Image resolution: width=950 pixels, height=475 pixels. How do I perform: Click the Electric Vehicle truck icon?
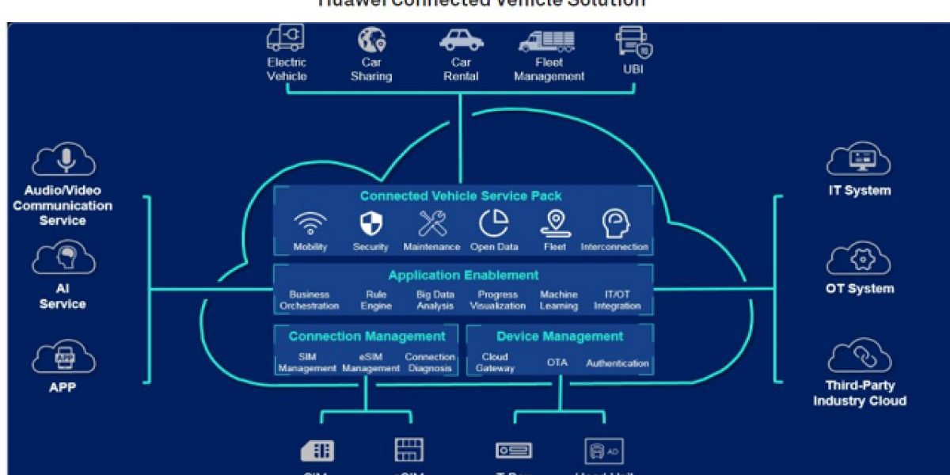point(285,38)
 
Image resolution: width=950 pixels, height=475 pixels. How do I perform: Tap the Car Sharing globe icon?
point(370,39)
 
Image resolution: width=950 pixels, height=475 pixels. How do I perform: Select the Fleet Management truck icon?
point(548,40)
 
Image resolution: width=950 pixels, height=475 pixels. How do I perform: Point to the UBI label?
point(633,70)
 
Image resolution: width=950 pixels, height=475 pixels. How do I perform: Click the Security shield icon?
point(370,225)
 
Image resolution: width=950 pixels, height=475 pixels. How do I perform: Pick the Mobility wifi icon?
point(310,225)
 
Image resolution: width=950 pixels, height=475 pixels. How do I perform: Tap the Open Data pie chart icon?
point(494,224)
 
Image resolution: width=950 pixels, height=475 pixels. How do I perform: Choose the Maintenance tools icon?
point(432,225)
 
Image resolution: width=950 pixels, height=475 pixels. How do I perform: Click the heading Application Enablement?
point(463,275)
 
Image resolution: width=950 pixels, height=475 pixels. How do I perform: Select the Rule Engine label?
point(376,300)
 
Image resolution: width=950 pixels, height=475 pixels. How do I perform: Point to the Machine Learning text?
point(559,300)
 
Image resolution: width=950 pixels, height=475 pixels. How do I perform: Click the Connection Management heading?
point(367,336)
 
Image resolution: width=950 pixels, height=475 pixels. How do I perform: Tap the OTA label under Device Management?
point(557,363)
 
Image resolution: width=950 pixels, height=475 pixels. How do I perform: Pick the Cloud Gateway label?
point(495,363)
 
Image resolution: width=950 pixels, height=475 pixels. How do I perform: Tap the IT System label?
point(859,191)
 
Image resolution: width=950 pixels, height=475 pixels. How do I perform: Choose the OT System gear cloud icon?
point(859,259)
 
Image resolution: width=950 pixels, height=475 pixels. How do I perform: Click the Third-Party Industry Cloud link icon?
point(859,356)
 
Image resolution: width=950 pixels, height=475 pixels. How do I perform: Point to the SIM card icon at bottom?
point(317,450)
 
